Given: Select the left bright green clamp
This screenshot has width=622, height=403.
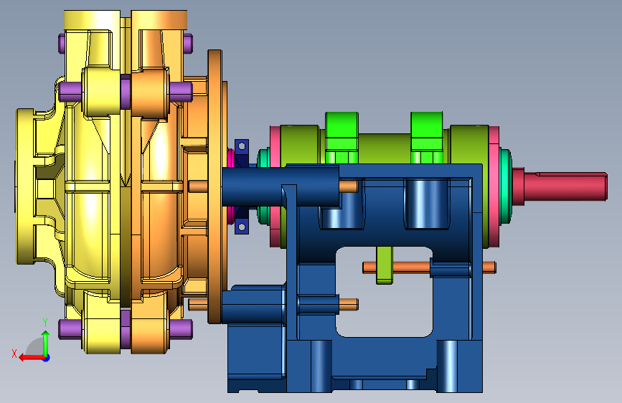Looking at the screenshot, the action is pyautogui.click(x=341, y=137).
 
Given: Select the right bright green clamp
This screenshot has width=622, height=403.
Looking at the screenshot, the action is pyautogui.click(x=427, y=137).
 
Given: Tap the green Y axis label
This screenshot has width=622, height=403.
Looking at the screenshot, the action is pyautogui.click(x=45, y=323).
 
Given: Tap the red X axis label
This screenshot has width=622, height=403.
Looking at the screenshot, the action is pyautogui.click(x=14, y=354).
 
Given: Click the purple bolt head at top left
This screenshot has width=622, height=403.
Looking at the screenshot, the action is pyautogui.click(x=62, y=44).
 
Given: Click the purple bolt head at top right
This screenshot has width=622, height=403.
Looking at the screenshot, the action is pyautogui.click(x=189, y=44).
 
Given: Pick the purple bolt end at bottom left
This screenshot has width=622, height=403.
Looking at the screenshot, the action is pyautogui.click(x=70, y=329).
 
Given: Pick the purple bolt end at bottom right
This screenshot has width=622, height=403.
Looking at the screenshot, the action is pyautogui.click(x=181, y=329).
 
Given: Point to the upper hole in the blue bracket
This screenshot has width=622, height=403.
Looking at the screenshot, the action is pyautogui.click(x=242, y=147).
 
